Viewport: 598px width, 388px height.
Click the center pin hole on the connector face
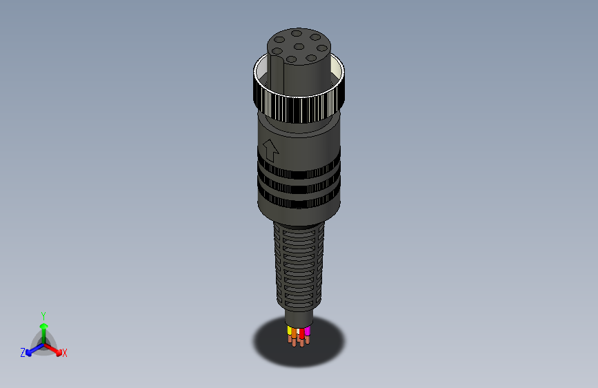[297, 47]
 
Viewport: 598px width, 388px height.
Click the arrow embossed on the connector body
[270, 149]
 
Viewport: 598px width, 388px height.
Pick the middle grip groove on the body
[301, 187]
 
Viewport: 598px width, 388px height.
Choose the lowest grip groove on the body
[301, 202]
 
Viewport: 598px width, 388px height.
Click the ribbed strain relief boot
[299, 266]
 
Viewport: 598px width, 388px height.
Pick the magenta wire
[308, 331]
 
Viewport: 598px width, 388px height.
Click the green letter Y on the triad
[43, 315]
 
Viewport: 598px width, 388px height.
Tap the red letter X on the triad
[65, 353]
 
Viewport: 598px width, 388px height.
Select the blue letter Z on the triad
[23, 353]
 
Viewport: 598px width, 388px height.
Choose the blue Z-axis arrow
[32, 350]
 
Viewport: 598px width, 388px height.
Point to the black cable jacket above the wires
[299, 318]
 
